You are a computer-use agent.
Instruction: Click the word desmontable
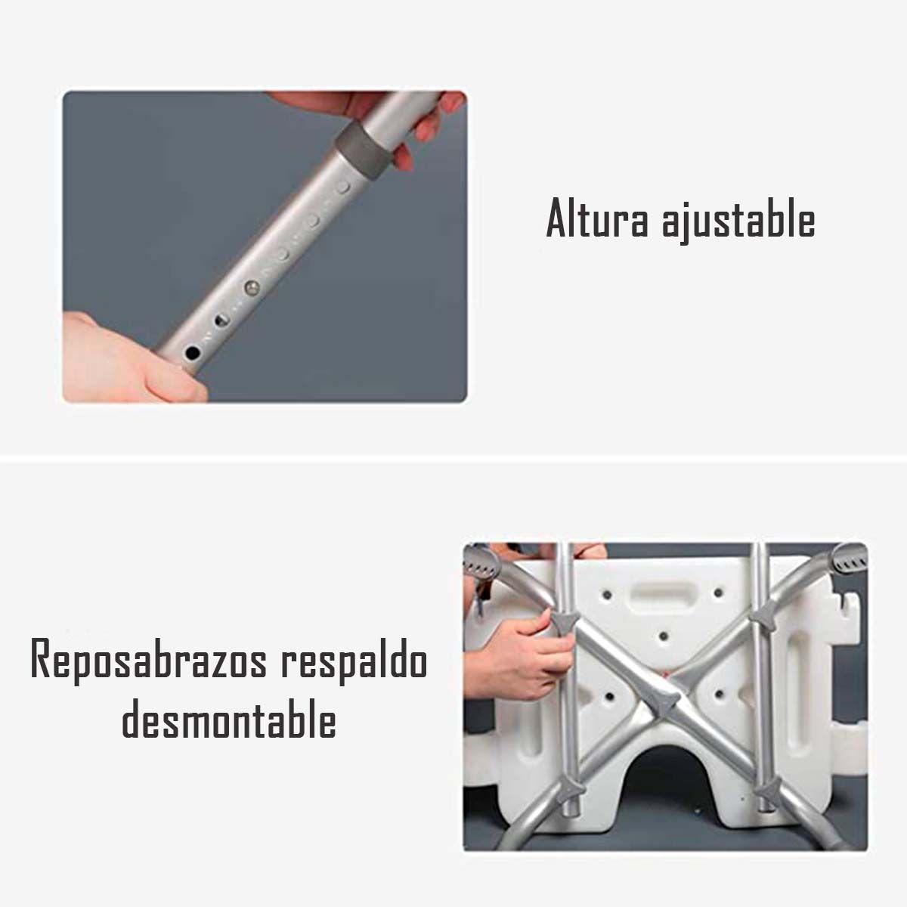tap(229, 720)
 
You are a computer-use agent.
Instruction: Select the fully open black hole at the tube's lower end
tap(192, 352)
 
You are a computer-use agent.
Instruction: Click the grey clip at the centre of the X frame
tap(665, 707)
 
